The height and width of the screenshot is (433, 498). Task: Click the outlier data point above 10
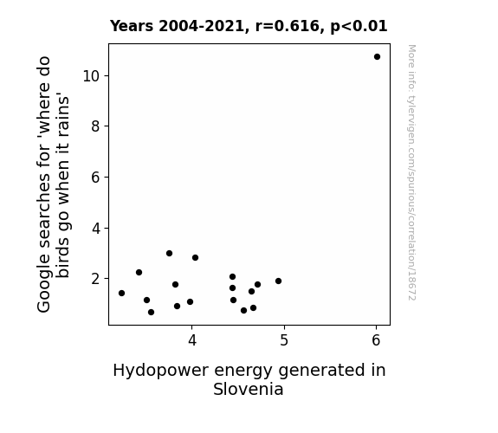pos(377,57)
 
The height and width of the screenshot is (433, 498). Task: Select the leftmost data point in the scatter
pos(121,293)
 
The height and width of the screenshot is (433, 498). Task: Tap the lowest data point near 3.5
pos(152,313)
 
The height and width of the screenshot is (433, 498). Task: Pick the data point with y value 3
pos(169,253)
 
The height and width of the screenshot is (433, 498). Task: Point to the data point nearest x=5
pos(279,281)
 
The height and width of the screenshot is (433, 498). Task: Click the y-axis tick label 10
pos(91,76)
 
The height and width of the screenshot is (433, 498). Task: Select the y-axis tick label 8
pos(95,126)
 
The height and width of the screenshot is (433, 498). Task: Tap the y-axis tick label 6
pos(95,178)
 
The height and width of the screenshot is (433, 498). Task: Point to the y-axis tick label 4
pos(95,228)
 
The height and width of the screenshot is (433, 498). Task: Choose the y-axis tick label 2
pos(95,279)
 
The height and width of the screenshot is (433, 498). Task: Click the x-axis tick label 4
pos(192,340)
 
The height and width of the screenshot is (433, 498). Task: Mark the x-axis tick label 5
pos(284,340)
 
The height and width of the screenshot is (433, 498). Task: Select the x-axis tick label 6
pos(376,340)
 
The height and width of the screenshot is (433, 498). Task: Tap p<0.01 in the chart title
pos(359,27)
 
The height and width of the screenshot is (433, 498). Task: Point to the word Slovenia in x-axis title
pos(249,389)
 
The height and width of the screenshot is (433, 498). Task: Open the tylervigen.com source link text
pos(411,172)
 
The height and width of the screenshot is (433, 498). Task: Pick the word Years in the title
pos(132,26)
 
